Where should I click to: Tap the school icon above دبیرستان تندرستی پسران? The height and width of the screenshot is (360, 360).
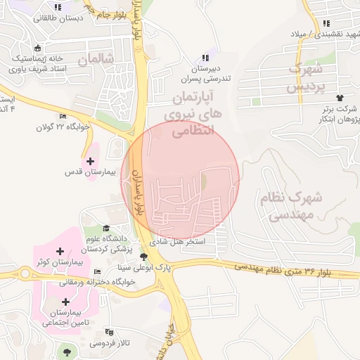pyautogui.click(x=205, y=58)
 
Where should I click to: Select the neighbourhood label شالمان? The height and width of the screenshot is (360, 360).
pyautogui.click(x=96, y=60)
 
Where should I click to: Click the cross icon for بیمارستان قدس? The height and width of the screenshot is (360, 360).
pyautogui.click(x=90, y=161)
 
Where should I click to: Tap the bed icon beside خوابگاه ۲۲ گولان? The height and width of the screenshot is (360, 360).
pyautogui.click(x=63, y=117)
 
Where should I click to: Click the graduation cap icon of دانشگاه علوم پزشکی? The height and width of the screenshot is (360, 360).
pyautogui.click(x=106, y=228)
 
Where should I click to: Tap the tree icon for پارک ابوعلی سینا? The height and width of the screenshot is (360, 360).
pyautogui.click(x=144, y=257)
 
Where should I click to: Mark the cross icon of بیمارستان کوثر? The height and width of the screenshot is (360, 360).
pyautogui.click(x=60, y=251)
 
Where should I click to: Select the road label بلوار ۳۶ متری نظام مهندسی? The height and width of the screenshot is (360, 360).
pyautogui.click(x=267, y=268)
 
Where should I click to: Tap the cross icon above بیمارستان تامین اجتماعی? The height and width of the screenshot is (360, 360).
pyautogui.click(x=65, y=302)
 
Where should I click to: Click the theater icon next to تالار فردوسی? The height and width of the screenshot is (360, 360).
pyautogui.click(x=108, y=332)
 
